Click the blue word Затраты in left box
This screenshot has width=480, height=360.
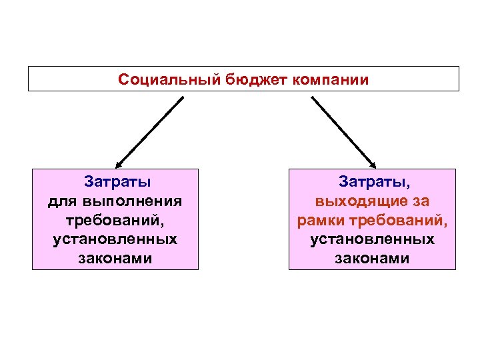[117, 181]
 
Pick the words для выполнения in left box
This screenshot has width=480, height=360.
[115, 200]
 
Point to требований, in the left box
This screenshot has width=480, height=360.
[115, 219]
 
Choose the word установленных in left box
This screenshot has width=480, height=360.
[115, 239]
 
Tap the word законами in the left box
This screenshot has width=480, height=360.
[115, 258]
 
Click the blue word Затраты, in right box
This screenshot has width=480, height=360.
[373, 181]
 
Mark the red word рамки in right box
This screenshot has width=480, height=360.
[321, 219]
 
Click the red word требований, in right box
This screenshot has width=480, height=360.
[397, 219]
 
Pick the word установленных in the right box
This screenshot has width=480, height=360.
[373, 239]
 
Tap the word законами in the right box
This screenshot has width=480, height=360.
[373, 258]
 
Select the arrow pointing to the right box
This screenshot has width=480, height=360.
[343, 131]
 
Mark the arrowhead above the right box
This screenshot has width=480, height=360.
[373, 165]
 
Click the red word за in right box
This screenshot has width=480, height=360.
[420, 200]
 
